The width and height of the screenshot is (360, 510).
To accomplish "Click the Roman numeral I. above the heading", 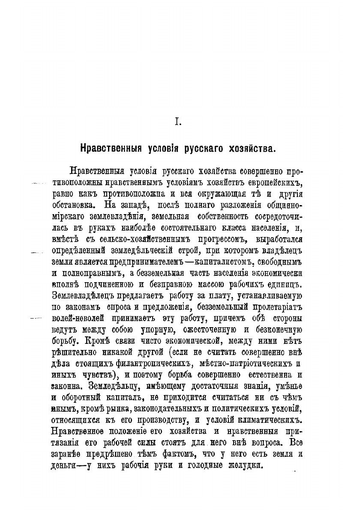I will click(177, 123).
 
